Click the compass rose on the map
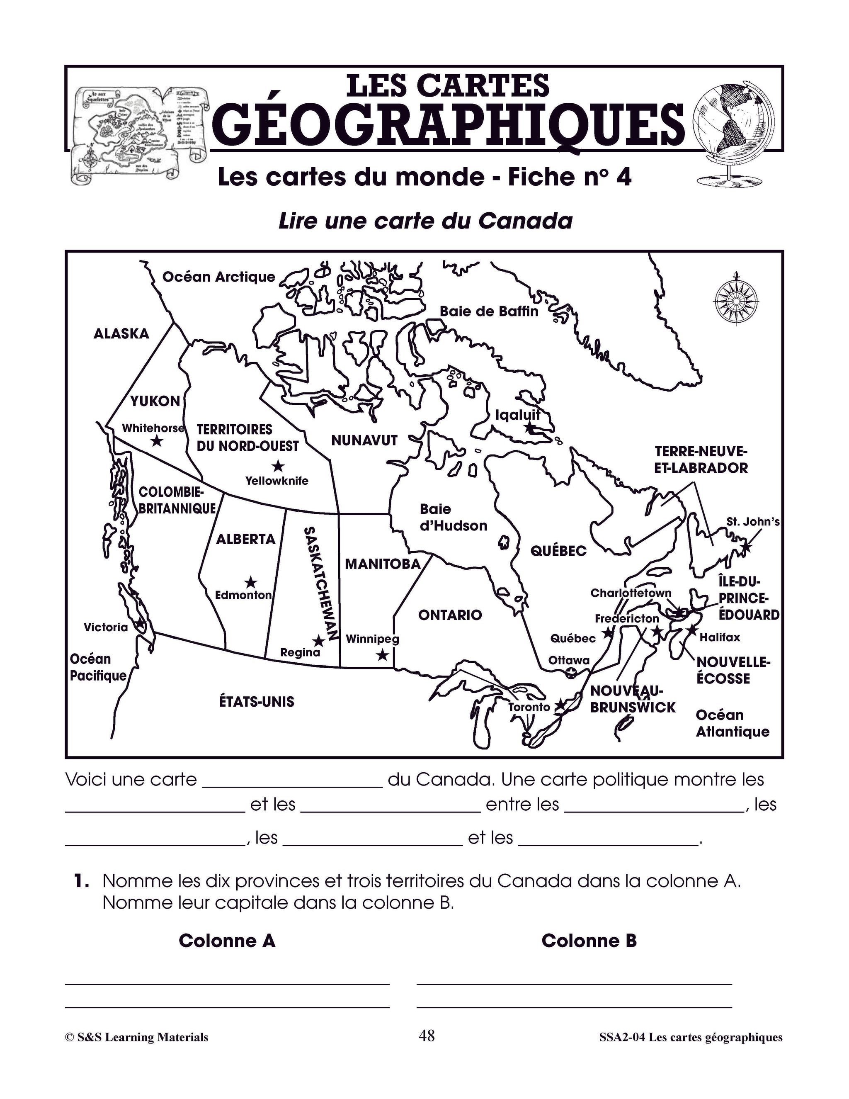[736, 300]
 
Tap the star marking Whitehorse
[157, 441]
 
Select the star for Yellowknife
[278, 466]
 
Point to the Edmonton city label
[243, 595]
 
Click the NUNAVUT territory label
[364, 441]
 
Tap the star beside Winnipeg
[382, 655]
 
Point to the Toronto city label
[529, 707]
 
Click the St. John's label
[753, 522]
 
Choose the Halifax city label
[720, 637]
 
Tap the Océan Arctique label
[219, 277]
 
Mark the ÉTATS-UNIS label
[257, 701]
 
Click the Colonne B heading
[589, 941]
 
